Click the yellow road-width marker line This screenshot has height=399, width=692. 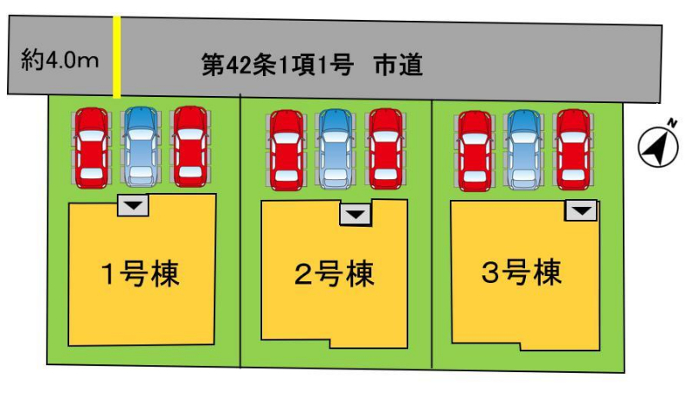pyautogui.click(x=117, y=56)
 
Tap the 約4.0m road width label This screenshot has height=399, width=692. pyautogui.click(x=60, y=60)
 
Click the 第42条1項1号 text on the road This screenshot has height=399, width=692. pyautogui.click(x=278, y=65)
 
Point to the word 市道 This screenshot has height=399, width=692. pyautogui.click(x=399, y=65)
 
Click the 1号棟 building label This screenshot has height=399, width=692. pyautogui.click(x=140, y=274)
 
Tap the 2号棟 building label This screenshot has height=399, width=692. pyautogui.click(x=334, y=274)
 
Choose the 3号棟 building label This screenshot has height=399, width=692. pyautogui.click(x=522, y=272)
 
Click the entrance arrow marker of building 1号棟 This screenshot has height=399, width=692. pyautogui.click(x=133, y=205)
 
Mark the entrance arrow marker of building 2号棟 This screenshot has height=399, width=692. pyautogui.click(x=356, y=215)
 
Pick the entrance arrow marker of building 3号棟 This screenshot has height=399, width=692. pyautogui.click(x=581, y=210)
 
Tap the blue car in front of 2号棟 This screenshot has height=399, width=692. pyautogui.click(x=336, y=149)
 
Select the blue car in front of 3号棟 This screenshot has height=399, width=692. pyautogui.click(x=524, y=150)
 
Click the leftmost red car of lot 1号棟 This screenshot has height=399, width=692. pyautogui.click(x=92, y=148)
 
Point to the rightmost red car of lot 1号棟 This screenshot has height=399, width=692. pyautogui.click(x=190, y=146)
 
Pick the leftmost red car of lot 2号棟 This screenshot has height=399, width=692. pyautogui.click(x=287, y=150)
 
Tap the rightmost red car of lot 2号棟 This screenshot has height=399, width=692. pyautogui.click(x=386, y=149)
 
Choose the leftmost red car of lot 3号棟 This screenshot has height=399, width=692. pyautogui.click(x=475, y=151)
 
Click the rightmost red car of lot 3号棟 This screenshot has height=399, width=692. pyautogui.click(x=573, y=150)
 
